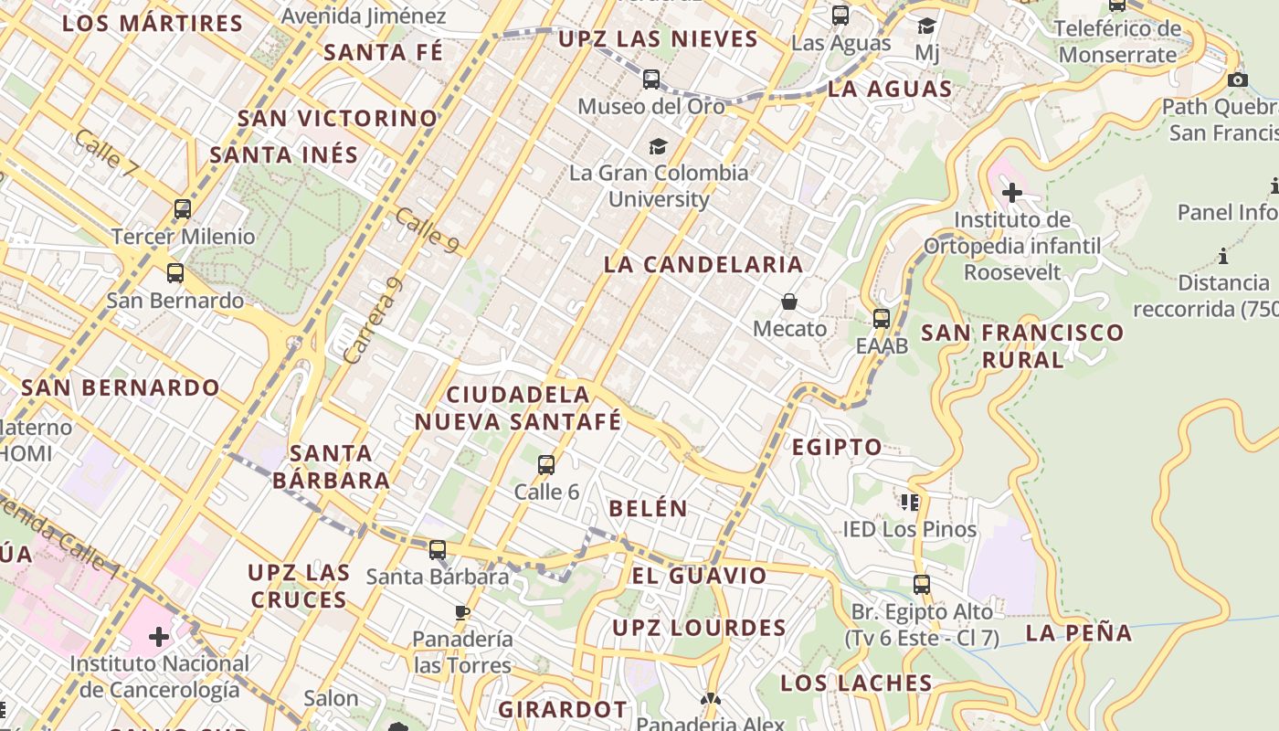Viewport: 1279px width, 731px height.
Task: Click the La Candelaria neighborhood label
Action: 703,265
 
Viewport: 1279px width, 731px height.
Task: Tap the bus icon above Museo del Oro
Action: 651,79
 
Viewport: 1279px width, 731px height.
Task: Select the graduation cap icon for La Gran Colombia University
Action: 658,146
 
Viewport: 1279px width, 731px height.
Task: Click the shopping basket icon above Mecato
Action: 789,302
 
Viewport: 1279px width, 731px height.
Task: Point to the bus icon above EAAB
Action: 882,319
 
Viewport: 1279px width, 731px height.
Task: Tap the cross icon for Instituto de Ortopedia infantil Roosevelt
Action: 1012,193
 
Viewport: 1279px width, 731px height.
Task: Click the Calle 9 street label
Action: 427,230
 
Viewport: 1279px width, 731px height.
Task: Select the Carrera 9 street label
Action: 373,322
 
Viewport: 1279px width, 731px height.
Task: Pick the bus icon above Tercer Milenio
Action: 183,209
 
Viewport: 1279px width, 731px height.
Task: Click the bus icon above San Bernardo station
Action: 174,273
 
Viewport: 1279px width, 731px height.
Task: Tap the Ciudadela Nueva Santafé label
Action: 518,408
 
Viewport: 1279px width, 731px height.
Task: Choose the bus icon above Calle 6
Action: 546,465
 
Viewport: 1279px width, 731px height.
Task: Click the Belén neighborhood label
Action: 648,509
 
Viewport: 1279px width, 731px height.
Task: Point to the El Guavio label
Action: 700,576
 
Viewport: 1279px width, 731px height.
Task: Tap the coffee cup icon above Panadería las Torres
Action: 462,612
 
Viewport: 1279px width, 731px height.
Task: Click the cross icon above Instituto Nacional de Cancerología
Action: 159,635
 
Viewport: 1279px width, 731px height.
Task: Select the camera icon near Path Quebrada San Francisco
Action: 1238,80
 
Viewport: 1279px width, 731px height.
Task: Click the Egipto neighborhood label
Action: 837,448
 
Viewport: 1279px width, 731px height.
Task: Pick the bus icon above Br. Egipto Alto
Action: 922,584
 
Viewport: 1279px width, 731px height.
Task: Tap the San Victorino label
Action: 338,119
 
